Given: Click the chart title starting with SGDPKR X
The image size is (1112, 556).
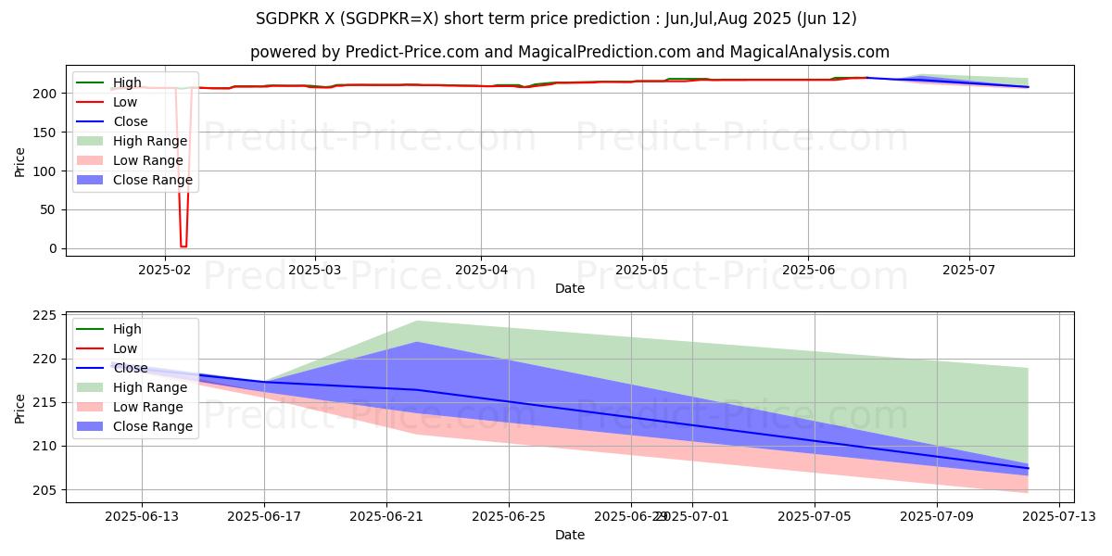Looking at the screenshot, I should tap(556, 19).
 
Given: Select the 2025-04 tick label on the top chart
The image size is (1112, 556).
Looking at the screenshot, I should tap(480, 269).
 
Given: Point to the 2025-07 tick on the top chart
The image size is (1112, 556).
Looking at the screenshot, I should tap(969, 269).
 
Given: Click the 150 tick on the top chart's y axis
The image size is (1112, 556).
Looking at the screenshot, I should tap(44, 133).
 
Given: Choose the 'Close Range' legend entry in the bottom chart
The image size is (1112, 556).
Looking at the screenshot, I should tap(153, 427).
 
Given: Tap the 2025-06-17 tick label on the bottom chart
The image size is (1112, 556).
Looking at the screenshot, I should tap(264, 515).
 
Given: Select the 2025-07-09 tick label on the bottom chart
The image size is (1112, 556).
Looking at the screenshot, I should tap(937, 515).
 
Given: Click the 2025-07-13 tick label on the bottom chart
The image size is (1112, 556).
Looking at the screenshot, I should tap(1059, 515).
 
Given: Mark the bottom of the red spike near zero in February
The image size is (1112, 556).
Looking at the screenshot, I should tap(183, 246).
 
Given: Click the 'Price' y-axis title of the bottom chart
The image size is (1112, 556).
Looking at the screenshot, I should tap(19, 408).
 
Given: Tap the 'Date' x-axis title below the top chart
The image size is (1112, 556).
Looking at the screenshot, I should tap(570, 288).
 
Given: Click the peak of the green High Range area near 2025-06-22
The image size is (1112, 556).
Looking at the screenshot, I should tap(417, 321).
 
